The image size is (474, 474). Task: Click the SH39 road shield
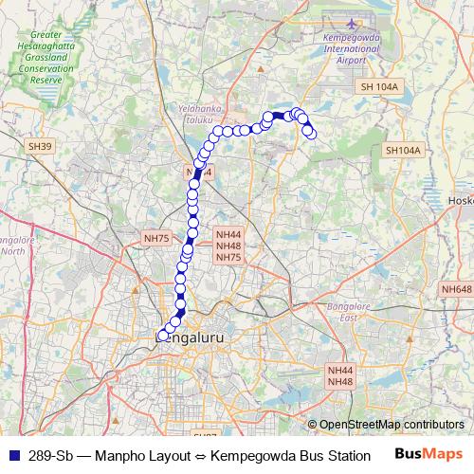pos(40,147)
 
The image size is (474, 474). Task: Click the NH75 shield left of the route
pos(155,239)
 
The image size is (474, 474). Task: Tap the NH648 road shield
pos(456,288)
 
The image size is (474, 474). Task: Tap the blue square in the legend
pos(12,454)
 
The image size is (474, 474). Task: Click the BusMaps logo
pos(428,453)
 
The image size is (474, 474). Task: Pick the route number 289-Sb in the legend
pos(48,454)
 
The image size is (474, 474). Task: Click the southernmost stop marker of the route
pos(162,335)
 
